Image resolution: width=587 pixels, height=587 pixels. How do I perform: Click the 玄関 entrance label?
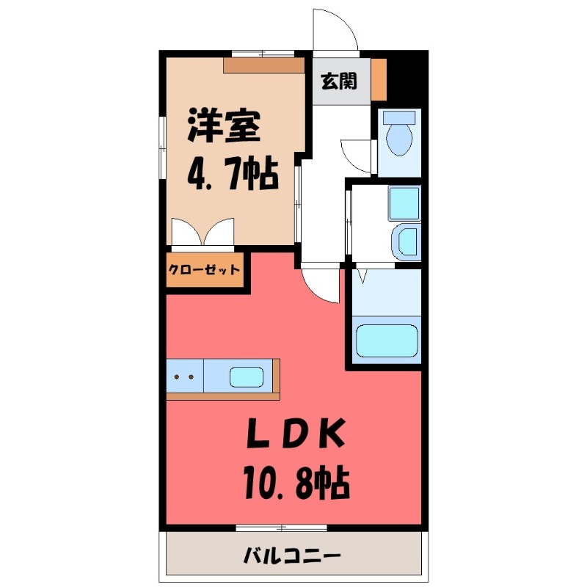(338, 81)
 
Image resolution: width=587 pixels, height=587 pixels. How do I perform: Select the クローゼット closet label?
(204, 269)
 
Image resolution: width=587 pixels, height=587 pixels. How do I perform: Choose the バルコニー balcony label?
(293, 555)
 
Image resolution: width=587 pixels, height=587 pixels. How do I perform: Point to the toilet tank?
(401, 117)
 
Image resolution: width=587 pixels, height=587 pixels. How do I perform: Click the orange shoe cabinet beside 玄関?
(379, 79)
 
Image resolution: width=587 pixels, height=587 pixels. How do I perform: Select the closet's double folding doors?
(202, 233)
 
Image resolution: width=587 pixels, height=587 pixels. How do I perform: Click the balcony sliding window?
(281, 527)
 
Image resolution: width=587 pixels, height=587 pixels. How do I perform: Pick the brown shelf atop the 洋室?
(264, 65)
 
